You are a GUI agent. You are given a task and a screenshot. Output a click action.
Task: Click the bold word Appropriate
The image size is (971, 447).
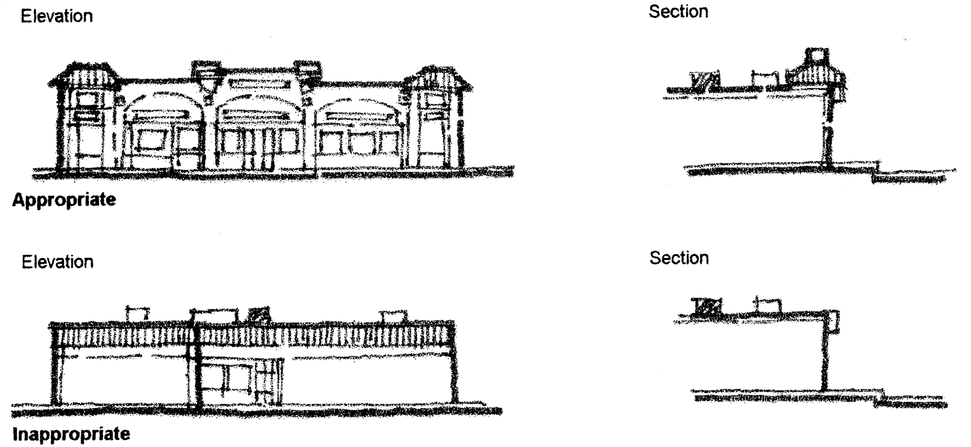[64, 201]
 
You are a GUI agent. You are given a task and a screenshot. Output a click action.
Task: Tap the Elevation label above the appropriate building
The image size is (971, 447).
[57, 18]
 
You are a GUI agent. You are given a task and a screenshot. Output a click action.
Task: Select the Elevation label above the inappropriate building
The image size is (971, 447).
[57, 262]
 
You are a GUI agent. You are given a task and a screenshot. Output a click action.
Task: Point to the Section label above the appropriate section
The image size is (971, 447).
[680, 13]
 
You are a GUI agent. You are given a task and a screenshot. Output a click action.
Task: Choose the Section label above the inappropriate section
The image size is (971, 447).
[680, 258]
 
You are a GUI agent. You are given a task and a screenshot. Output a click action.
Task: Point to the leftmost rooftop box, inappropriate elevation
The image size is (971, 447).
[137, 314]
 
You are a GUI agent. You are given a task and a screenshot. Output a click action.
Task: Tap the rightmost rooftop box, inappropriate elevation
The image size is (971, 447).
[392, 315]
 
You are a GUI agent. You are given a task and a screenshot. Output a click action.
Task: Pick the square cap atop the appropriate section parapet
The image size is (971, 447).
[816, 56]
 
